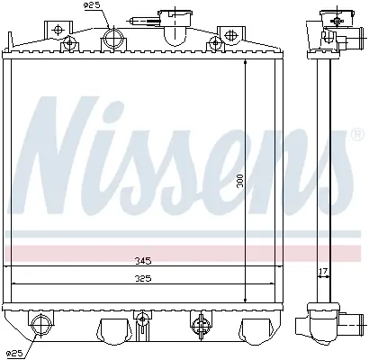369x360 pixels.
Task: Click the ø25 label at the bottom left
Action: (x=14, y=354)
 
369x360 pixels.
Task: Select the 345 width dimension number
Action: (x=143, y=261)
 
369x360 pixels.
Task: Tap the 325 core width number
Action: (x=143, y=279)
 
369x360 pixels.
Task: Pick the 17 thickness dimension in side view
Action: (x=323, y=272)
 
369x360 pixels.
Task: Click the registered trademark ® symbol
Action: (x=356, y=135)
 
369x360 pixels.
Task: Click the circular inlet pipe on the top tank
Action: (x=113, y=38)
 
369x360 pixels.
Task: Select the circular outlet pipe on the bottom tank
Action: (x=40, y=325)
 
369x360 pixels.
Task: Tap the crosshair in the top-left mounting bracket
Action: (x=58, y=30)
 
